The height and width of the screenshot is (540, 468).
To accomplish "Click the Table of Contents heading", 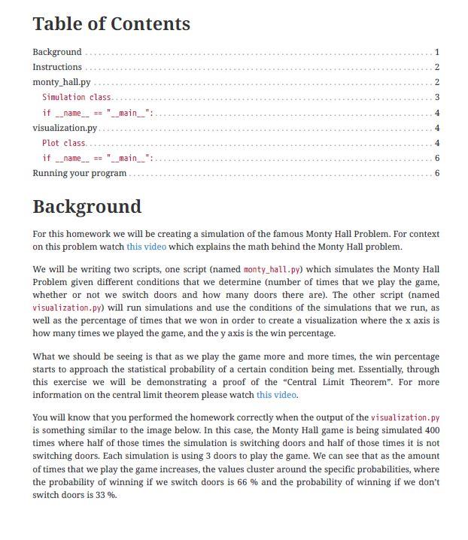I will pos(111,24).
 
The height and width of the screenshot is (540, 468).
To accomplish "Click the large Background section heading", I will pos(87,207).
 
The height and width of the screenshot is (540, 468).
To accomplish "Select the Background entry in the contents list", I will pos(57,52).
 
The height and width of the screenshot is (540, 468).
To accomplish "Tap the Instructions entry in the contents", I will pos(57,67).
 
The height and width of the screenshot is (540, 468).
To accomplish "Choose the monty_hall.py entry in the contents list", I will pos(61,82).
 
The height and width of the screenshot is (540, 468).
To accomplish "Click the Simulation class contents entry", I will pos(76,97).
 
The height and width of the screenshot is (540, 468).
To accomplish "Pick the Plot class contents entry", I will pos(64,143).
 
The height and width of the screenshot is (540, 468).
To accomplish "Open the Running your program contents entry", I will pos(80,173).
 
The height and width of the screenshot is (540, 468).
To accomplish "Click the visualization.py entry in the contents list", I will pos(65,128).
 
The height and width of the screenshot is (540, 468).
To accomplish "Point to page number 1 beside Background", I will pos(436,52).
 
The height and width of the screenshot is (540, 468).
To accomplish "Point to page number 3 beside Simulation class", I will pos(436,97).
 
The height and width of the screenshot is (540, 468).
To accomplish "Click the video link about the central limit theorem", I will pos(276,395).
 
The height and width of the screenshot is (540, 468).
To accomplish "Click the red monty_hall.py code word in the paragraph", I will pos(272,269).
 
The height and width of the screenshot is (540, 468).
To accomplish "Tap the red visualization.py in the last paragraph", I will pos(405,417).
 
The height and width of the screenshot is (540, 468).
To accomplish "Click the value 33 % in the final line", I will pos(105,495).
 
